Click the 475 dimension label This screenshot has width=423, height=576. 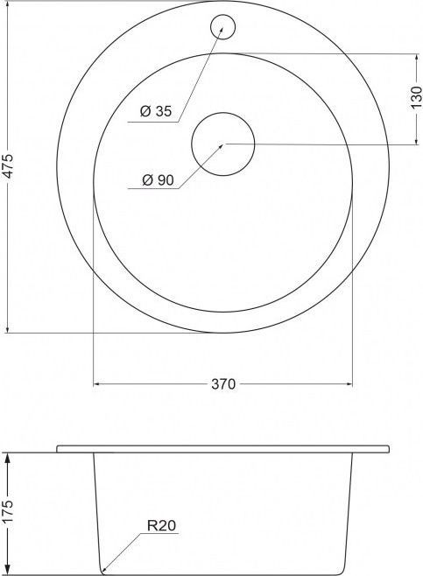click(x=8, y=166)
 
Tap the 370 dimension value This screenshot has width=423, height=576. click(x=223, y=384)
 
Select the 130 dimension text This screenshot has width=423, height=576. click(x=416, y=97)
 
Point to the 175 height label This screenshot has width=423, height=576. click(x=8, y=511)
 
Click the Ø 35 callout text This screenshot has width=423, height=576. click(x=156, y=110)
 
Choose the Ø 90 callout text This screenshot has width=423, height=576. click(x=158, y=180)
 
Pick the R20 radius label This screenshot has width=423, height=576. click(x=161, y=526)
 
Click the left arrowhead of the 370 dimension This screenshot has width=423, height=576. click(x=97, y=384)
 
